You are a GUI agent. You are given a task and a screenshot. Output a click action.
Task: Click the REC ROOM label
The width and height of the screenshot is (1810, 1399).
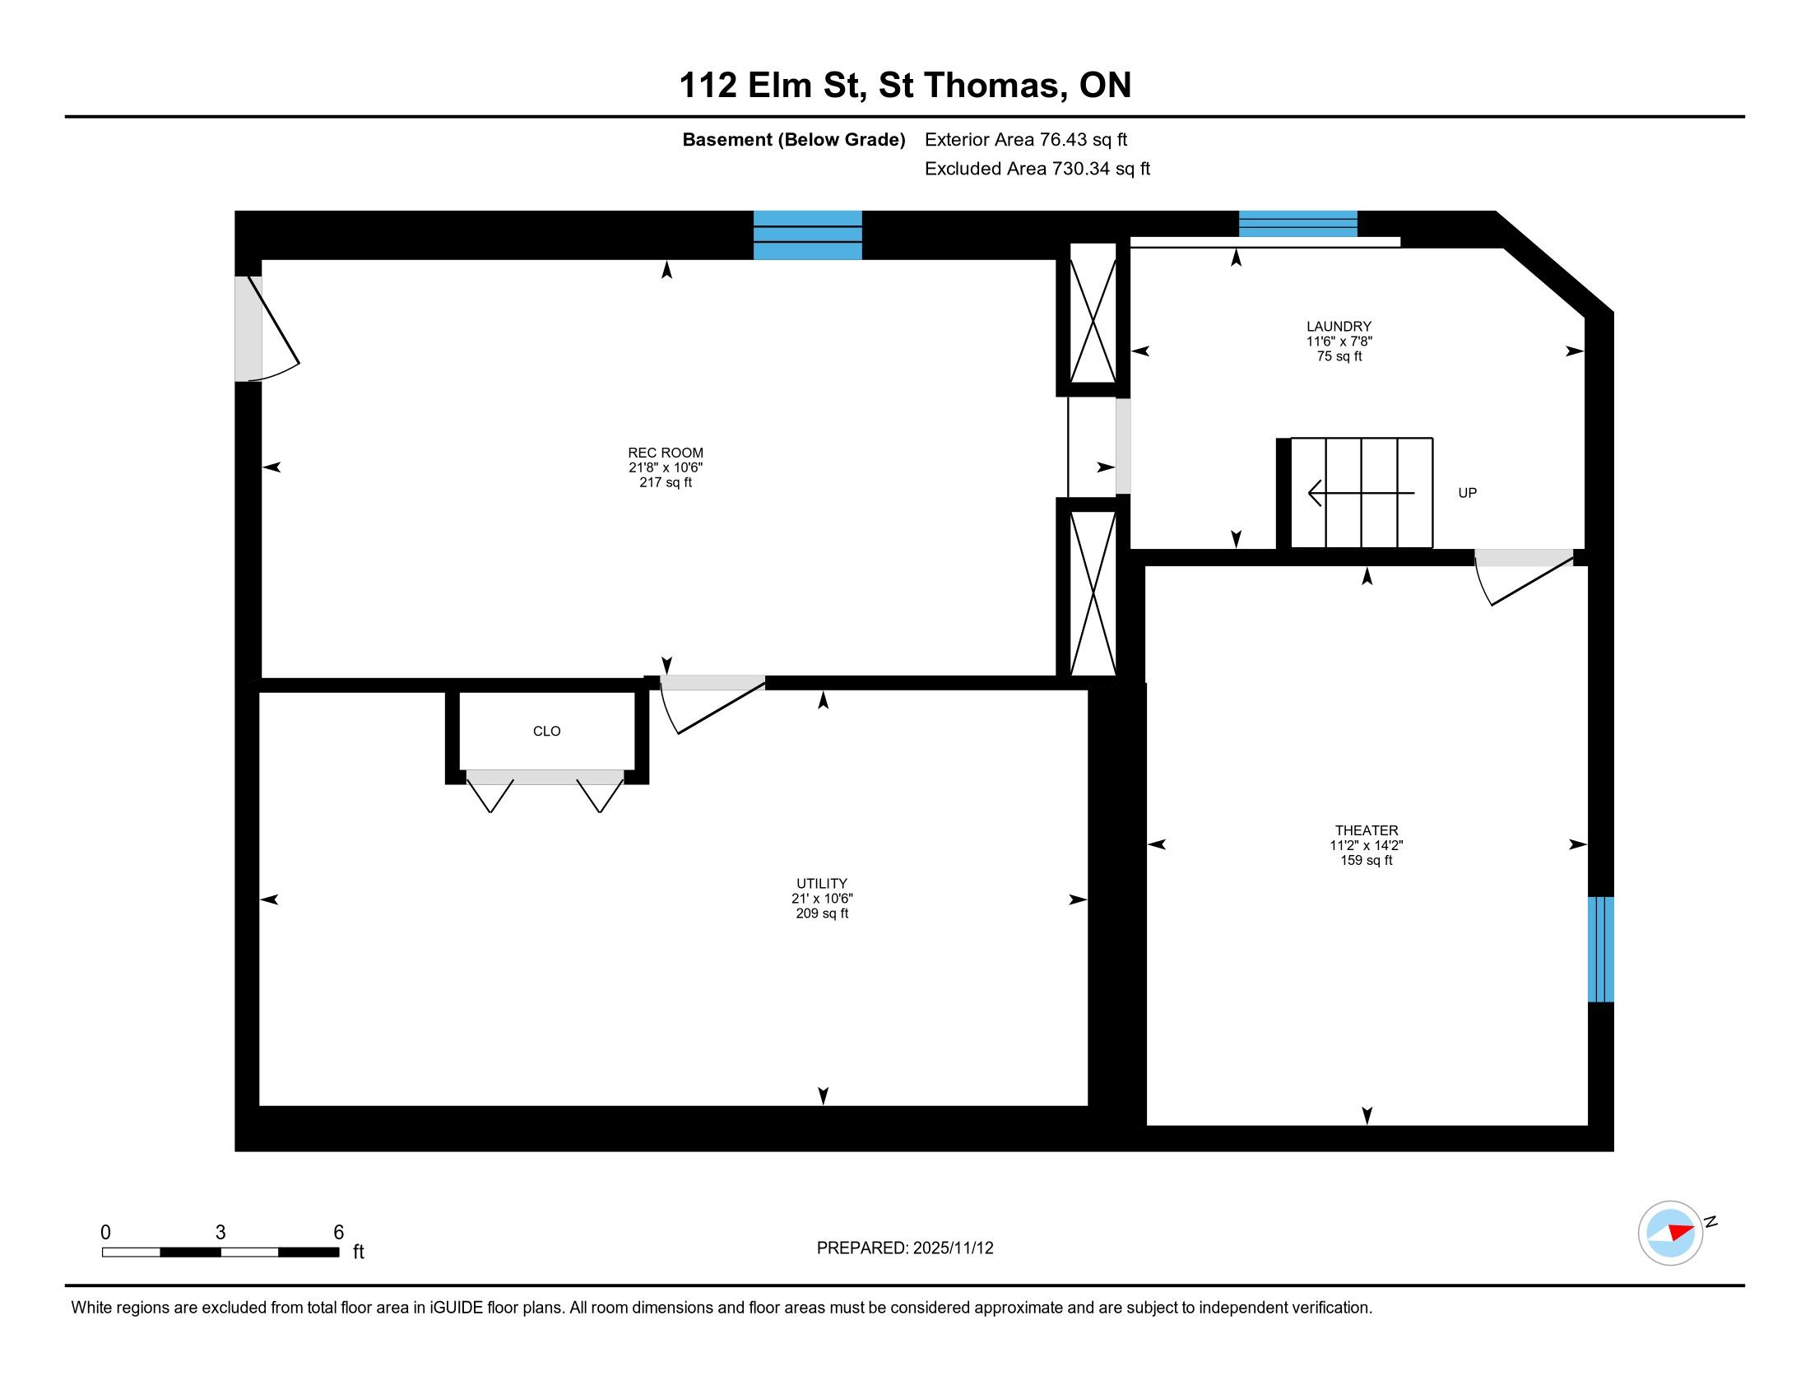click(666, 453)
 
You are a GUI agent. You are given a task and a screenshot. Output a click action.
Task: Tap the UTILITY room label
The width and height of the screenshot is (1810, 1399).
click(821, 884)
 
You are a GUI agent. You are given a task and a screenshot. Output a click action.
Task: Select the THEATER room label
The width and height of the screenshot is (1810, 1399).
click(1366, 830)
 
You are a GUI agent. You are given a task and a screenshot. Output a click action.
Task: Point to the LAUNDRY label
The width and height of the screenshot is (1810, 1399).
click(1339, 327)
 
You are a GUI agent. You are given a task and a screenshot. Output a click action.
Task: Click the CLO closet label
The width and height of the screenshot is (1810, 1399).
click(546, 731)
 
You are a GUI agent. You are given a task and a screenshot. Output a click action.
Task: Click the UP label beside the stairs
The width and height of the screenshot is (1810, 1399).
click(1467, 493)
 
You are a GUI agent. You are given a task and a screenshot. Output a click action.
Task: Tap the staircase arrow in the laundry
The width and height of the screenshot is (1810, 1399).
click(1361, 493)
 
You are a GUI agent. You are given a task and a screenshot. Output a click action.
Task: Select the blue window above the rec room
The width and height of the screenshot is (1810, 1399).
click(807, 235)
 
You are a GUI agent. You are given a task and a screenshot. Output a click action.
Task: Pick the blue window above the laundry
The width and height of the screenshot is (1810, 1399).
click(1297, 224)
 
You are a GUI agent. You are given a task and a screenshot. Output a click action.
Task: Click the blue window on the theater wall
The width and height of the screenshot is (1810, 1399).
click(1600, 949)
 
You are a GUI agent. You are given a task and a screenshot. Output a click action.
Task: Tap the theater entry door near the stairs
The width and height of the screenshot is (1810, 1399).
click(1523, 577)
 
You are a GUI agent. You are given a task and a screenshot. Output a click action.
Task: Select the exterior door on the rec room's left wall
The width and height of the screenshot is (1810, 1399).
click(265, 329)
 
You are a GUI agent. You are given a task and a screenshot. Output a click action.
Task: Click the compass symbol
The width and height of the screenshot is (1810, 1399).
click(1670, 1233)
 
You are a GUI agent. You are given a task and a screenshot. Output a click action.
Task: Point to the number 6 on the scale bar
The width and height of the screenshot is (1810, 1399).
click(338, 1233)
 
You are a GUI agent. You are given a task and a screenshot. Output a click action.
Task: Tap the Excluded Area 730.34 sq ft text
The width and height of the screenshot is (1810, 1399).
click(1037, 169)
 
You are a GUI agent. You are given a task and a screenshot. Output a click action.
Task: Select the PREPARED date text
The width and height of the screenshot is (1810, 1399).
click(905, 1248)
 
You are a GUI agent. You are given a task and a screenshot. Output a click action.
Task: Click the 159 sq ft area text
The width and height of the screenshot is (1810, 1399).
click(1366, 860)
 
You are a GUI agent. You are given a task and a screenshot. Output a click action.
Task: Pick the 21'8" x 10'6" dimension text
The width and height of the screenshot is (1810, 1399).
click(666, 467)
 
